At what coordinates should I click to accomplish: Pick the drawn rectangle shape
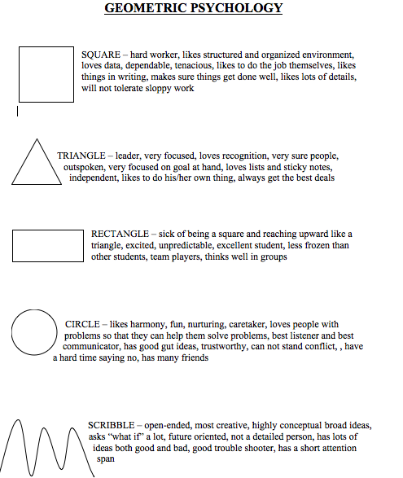(48, 245)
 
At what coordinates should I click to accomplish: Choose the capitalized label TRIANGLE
(81, 155)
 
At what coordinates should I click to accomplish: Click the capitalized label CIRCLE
(82, 325)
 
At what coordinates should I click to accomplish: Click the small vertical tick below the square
(18, 110)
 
